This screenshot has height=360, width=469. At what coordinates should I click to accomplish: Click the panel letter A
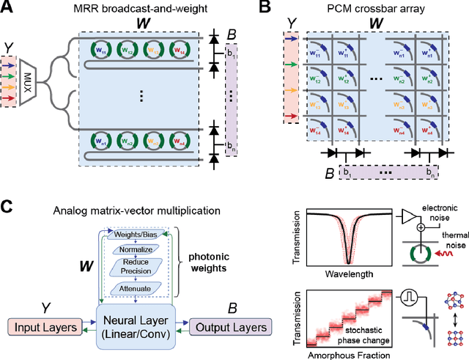pyautogui.click(x=10, y=10)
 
